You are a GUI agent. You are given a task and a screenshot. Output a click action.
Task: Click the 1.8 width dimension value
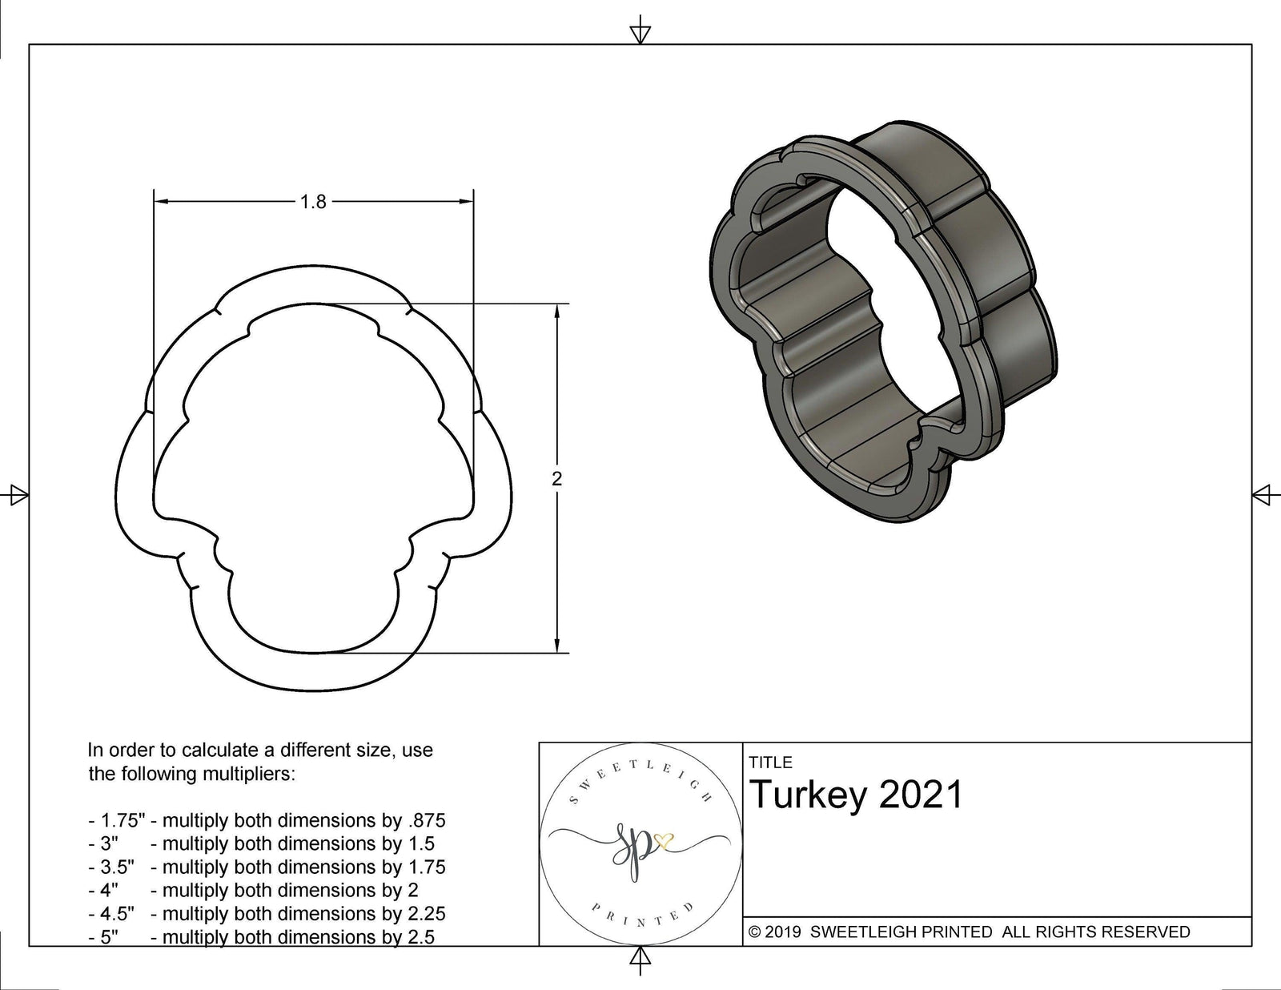coord(313,202)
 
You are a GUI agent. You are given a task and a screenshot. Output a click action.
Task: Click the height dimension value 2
coord(557,478)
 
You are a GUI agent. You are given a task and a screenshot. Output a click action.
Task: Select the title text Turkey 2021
coord(857,795)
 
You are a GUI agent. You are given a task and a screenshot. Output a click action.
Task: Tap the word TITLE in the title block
coord(771,763)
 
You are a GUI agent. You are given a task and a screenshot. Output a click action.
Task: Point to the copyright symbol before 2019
coord(754,932)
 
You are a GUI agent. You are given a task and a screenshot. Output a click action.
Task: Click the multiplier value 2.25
coord(425,913)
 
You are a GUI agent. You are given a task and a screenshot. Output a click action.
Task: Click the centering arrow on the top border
coord(640,34)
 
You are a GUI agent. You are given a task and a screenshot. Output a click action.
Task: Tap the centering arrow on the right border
coord(1263,495)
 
